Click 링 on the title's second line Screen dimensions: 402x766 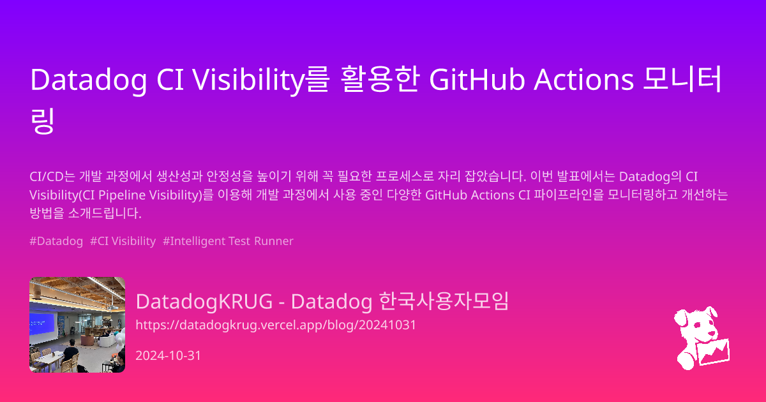tap(42, 121)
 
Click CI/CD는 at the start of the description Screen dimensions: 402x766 tap(52, 176)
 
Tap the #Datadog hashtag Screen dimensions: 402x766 tap(56, 241)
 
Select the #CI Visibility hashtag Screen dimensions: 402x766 tap(123, 241)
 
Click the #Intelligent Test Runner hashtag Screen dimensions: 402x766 tap(228, 241)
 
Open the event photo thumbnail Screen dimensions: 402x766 tap(77, 325)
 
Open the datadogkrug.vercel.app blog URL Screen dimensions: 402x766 tap(276, 325)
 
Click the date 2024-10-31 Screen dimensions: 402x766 tap(169, 355)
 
